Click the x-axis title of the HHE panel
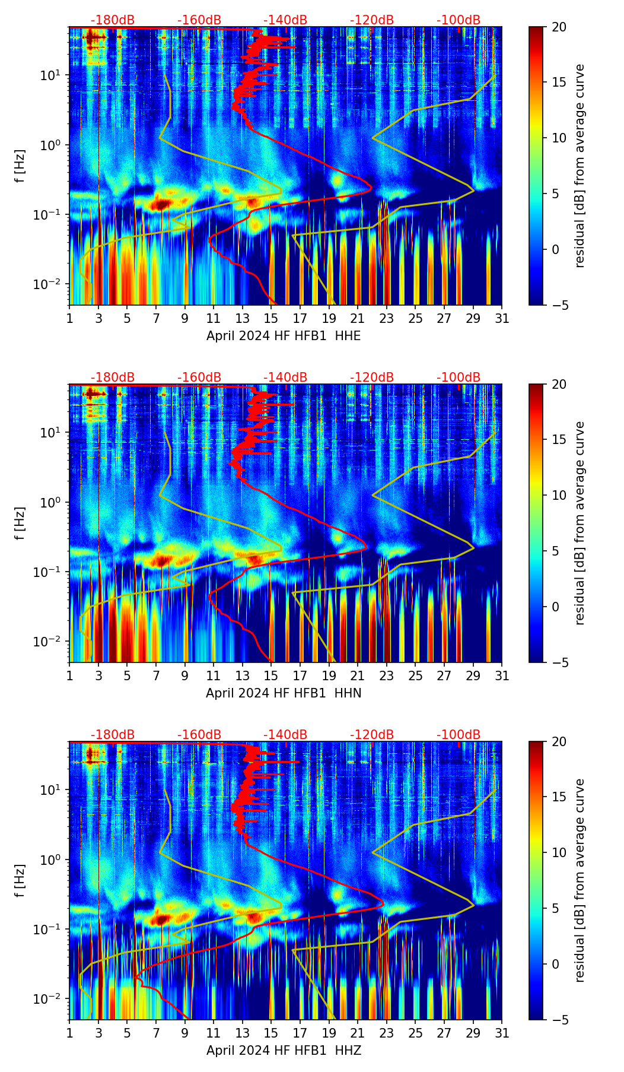point(283,336)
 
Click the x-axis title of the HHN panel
point(283,693)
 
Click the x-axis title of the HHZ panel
point(283,1051)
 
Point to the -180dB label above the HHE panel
point(113,20)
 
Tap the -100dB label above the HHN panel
point(459,378)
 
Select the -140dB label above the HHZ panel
point(285,735)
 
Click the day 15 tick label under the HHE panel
point(271,319)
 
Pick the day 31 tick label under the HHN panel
point(502,676)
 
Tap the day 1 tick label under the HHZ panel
point(69,1033)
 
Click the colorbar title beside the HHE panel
point(580,166)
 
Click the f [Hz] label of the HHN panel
point(20,523)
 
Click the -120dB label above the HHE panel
point(372,20)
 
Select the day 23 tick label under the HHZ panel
point(387,1033)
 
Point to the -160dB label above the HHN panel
point(199,378)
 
